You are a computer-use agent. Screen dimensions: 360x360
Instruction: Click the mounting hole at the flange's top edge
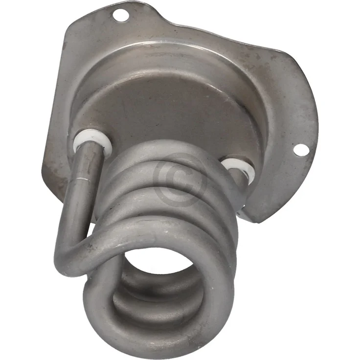pyautogui.click(x=120, y=15)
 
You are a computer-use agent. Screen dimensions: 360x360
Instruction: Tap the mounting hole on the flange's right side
pyautogui.click(x=301, y=150)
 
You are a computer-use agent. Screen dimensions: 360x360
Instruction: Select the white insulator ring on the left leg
pyautogui.click(x=92, y=141)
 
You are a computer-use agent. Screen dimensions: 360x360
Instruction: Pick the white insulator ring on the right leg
pyautogui.click(x=238, y=168)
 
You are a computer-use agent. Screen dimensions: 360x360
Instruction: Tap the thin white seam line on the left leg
pyautogui.click(x=88, y=182)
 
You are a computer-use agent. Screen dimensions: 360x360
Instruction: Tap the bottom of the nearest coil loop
pyautogui.click(x=161, y=337)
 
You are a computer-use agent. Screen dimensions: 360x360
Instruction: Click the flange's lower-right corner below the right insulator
pyautogui.click(x=259, y=215)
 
